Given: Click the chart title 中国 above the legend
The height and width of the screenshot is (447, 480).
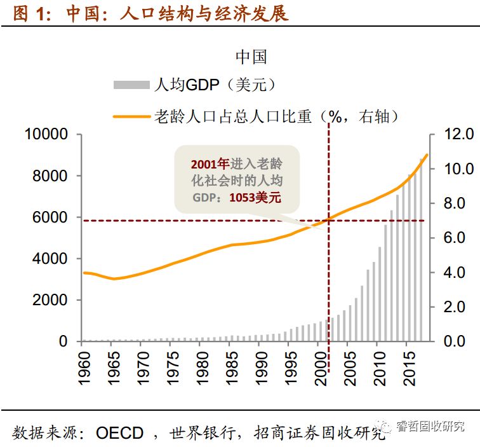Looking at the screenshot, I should (251, 57).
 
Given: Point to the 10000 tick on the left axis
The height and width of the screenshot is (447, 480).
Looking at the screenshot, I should (46, 135).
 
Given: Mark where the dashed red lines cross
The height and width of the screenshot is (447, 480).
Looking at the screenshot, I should (329, 221).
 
